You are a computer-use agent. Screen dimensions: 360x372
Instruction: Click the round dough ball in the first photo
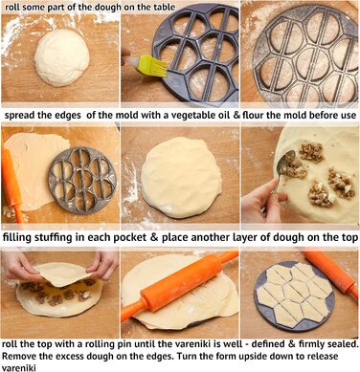tap(62, 57)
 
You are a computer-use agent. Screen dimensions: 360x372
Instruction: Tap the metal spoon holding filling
tap(283, 168)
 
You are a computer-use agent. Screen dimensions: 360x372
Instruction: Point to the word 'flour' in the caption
tap(253, 115)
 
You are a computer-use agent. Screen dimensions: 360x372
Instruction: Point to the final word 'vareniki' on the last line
tap(19, 367)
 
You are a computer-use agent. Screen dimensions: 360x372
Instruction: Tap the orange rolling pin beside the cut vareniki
tap(331, 271)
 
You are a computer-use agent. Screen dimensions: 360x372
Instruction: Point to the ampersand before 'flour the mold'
tap(236, 115)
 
